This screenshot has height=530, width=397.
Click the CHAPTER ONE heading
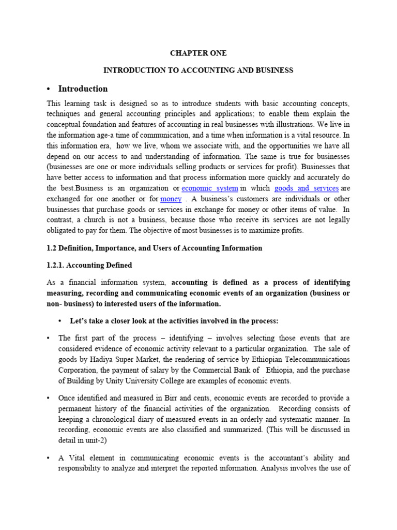(198, 53)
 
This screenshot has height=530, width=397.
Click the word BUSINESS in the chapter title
(274, 70)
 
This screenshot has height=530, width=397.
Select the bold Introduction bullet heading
(83, 89)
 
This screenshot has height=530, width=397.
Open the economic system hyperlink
(209, 188)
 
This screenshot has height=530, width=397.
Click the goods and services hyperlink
(307, 188)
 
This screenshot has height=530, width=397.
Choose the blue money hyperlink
(171, 199)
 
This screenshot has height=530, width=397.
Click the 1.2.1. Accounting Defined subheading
(89, 266)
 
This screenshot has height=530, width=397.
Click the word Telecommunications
(317, 360)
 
